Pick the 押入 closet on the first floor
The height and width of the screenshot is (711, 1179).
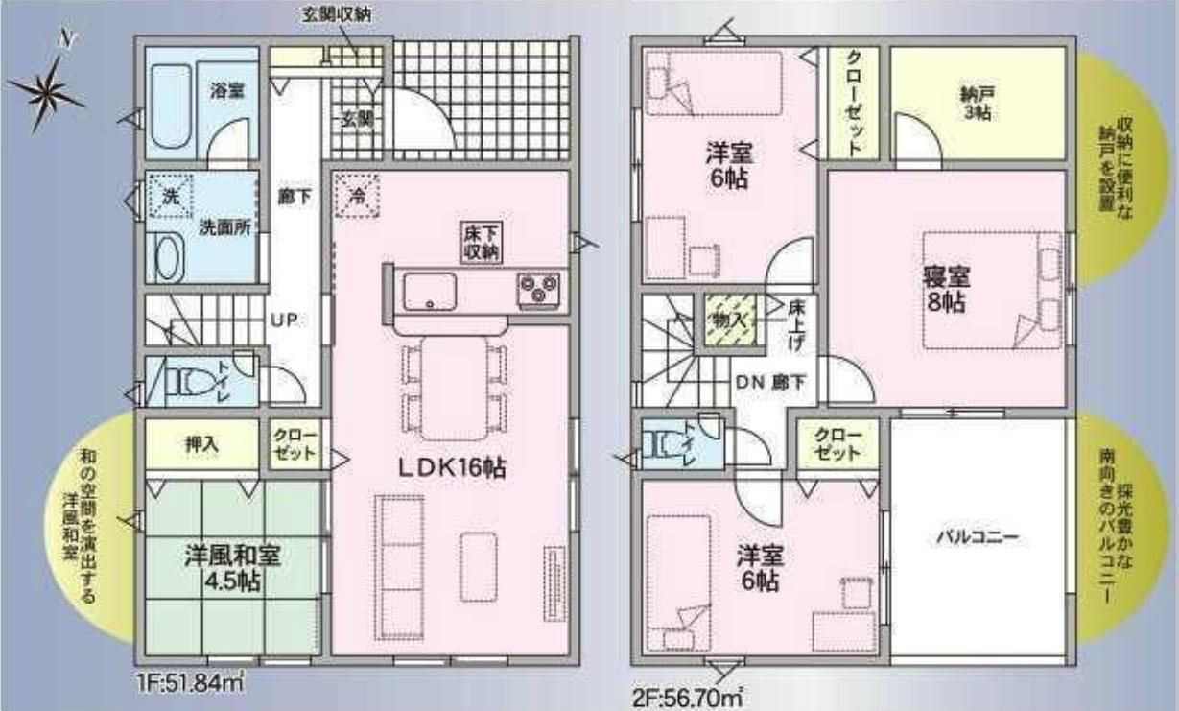point(202,445)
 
